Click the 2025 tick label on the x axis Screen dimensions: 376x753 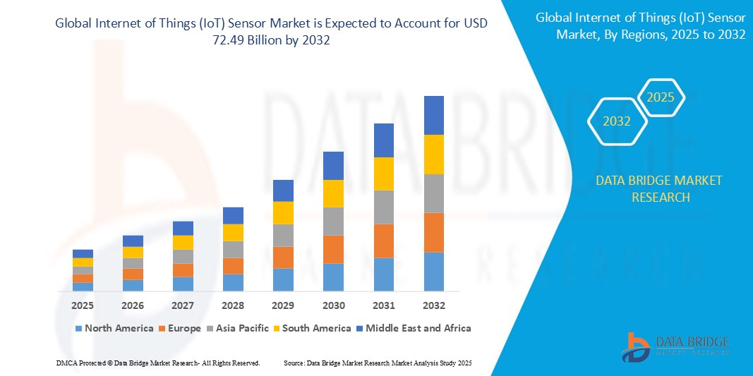pos(83,305)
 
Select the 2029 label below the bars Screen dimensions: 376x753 pos(283,305)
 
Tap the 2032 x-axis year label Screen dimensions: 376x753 pos(433,305)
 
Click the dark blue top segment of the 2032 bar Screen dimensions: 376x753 pos(433,115)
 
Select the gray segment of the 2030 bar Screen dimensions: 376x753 pos(333,221)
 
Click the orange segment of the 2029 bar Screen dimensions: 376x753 pos(283,257)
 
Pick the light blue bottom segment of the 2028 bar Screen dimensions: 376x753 pos(233,282)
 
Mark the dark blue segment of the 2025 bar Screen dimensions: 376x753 pos(83,253)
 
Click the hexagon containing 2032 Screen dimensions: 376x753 pos(618,121)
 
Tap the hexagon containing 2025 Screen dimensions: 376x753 pos(661,97)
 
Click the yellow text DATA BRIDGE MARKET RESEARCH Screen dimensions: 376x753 pos(658,188)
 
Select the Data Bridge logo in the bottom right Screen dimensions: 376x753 pos(675,345)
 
